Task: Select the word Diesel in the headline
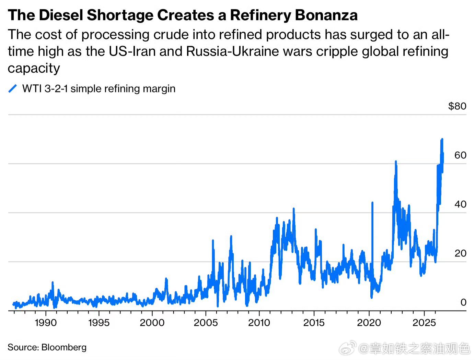coord(61,15)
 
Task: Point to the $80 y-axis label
coord(457,106)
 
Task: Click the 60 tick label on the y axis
coord(460,155)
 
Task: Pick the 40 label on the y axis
coord(460,204)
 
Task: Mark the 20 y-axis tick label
coord(460,253)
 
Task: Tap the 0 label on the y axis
coord(463,302)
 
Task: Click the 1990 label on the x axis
coord(46,323)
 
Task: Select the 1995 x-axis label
coord(99,323)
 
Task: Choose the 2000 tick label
coord(152,323)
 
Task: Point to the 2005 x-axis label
coord(206,323)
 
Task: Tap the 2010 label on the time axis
coord(259,323)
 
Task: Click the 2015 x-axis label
coord(314,323)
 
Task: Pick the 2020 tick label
coord(369,323)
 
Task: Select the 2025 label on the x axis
coord(424,323)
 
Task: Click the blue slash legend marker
coord(13,88)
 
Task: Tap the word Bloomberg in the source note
coord(64,347)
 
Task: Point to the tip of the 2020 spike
coord(372,203)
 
